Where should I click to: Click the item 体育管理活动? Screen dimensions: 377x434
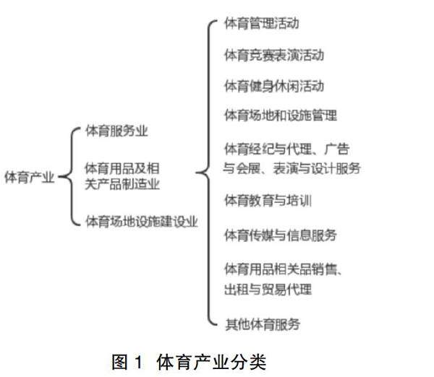pos(261,25)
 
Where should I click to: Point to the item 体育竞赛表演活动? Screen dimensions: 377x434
pos(273,55)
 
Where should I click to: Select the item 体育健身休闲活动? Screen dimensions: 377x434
pos(273,85)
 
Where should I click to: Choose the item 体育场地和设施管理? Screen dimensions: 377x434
pos(280,115)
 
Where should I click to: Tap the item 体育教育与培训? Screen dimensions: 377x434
pos(268,199)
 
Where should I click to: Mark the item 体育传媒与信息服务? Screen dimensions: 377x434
pos(280,235)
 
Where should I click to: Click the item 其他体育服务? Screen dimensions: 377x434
pos(261,324)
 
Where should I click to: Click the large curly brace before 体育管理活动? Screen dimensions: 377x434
pos(206,173)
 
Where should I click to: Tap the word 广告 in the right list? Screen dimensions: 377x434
pos(336,149)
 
